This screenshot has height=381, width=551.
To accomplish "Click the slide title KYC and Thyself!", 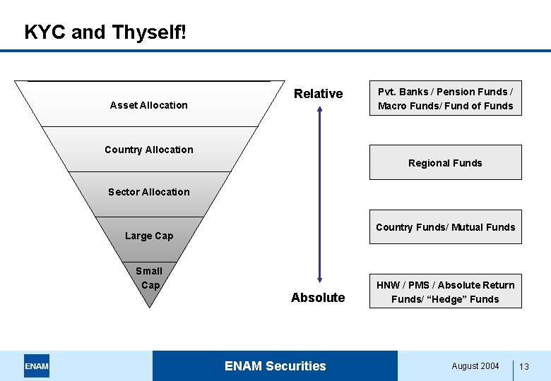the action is (x=105, y=32).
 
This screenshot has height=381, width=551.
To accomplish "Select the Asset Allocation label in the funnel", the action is (x=148, y=105).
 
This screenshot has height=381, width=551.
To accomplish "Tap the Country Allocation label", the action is (x=148, y=150).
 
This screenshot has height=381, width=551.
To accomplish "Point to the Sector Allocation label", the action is (x=148, y=192).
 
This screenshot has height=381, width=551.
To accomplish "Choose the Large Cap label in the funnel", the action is (x=148, y=236).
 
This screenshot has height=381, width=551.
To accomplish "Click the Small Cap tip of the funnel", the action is (x=149, y=278).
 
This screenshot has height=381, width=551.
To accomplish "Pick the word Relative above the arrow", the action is (x=318, y=94).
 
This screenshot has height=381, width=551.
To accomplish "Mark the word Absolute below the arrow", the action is (x=318, y=298).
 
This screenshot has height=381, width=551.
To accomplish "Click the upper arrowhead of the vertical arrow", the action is (x=319, y=109).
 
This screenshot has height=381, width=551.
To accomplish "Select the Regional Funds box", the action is (x=445, y=163).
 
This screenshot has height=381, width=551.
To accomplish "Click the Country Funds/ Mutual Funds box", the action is (x=445, y=227).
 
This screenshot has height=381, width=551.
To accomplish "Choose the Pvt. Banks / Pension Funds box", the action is (x=445, y=99).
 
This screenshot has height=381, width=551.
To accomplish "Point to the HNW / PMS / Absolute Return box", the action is (x=445, y=291).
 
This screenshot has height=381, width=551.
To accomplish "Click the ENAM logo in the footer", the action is (x=37, y=366).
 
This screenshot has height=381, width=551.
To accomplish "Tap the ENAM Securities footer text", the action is (x=275, y=366).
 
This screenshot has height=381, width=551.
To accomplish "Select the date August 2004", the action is (x=475, y=366).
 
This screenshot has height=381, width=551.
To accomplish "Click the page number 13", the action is (x=524, y=367).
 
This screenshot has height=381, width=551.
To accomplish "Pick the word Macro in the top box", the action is (x=392, y=107).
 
